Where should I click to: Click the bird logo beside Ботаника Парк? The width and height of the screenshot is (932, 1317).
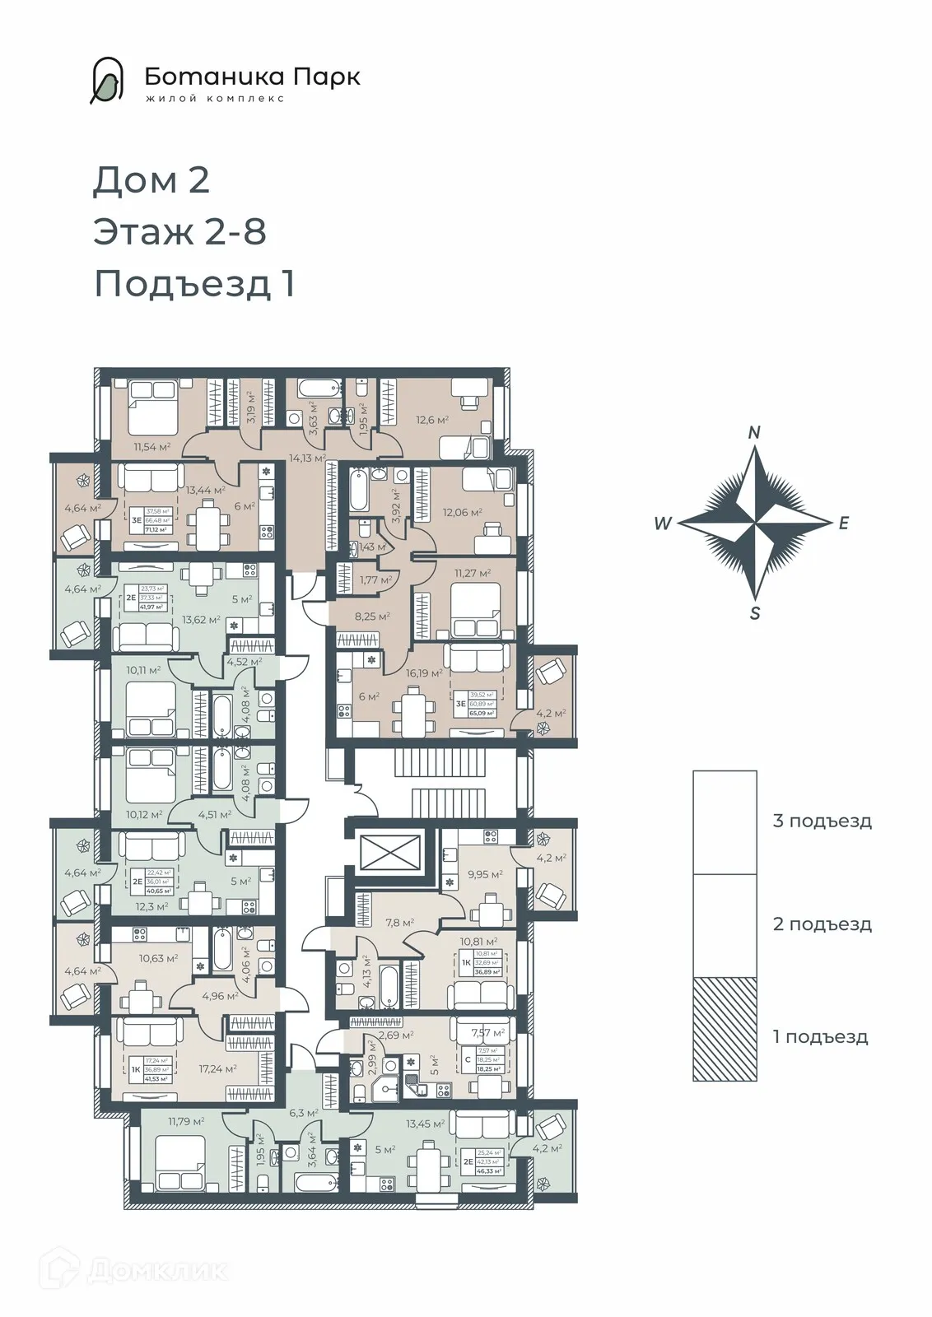[107, 81]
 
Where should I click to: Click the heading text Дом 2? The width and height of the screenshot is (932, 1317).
[151, 180]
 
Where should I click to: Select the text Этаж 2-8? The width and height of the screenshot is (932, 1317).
[179, 231]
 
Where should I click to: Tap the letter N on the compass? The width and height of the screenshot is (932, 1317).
[754, 433]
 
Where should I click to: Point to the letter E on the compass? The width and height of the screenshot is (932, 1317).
[843, 524]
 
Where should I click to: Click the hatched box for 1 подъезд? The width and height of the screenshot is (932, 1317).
[725, 1029]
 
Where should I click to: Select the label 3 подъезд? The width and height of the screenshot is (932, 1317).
[822, 821]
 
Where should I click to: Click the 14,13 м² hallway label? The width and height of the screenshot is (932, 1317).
[306, 458]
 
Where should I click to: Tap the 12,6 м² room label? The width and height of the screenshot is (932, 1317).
[432, 420]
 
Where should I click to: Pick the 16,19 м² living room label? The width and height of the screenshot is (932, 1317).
[423, 672]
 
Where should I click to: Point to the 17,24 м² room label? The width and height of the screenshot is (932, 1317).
[218, 1068]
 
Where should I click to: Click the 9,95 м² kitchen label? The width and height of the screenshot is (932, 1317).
[485, 874]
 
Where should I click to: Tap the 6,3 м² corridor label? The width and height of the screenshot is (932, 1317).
[303, 1113]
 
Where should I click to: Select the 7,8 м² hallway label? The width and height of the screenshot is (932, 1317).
[398, 923]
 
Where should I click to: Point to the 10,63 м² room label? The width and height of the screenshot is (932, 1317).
[158, 958]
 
